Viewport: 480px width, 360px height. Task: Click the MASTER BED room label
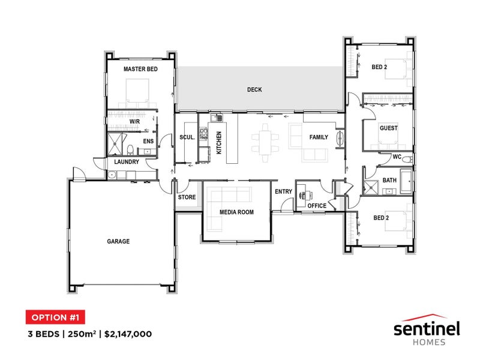coord(140,69)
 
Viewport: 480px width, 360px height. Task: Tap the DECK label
coord(254,89)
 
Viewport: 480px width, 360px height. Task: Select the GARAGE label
coord(118,242)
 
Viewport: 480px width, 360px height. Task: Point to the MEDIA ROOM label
coord(236,212)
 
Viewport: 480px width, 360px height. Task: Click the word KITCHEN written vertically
coord(219,143)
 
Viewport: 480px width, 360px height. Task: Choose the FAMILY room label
coord(319,137)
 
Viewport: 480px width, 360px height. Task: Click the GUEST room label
coord(389,128)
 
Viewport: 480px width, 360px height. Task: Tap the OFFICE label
coord(317,206)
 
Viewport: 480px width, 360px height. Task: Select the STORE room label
coord(187,197)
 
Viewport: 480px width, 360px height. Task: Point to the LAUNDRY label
coord(127,161)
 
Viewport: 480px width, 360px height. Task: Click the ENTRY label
coord(283,191)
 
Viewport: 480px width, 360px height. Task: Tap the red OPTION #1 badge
coord(55,317)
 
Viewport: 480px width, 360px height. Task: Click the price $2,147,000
coord(128,334)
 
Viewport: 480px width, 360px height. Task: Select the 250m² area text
coord(82,334)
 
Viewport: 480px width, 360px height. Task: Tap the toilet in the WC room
coord(407,160)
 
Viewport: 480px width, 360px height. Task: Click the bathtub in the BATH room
coord(407,181)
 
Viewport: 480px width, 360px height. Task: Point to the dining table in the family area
coord(265,143)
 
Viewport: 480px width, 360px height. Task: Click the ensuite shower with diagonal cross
coord(115,143)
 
